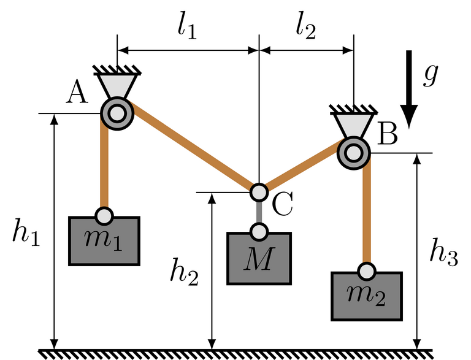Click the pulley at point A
(117, 113)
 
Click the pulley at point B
(353, 151)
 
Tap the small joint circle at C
(259, 192)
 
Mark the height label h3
(443, 251)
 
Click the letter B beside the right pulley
(388, 133)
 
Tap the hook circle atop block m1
(104, 216)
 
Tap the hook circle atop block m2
(367, 270)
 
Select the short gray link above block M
(259, 212)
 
